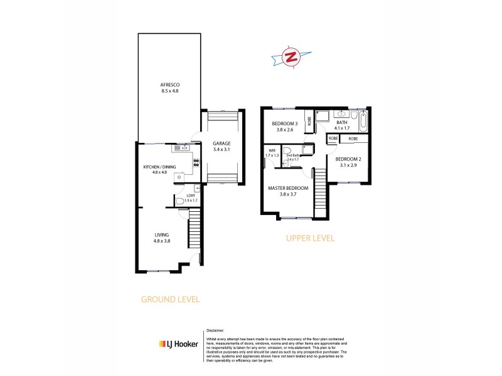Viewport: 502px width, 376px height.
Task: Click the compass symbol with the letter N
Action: click(x=291, y=56)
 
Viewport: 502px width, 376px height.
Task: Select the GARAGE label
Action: click(x=222, y=144)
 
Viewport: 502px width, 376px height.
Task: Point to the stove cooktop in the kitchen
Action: click(x=196, y=163)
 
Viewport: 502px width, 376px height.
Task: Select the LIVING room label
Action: click(x=163, y=234)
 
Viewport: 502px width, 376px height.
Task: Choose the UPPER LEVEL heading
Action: click(x=310, y=238)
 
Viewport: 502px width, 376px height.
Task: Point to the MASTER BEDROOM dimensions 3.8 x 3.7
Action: click(x=287, y=194)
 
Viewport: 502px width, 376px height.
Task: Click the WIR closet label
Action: click(x=272, y=151)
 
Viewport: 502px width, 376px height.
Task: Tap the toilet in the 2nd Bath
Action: click(x=287, y=150)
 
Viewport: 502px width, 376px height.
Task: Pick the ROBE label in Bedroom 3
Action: click(x=309, y=122)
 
